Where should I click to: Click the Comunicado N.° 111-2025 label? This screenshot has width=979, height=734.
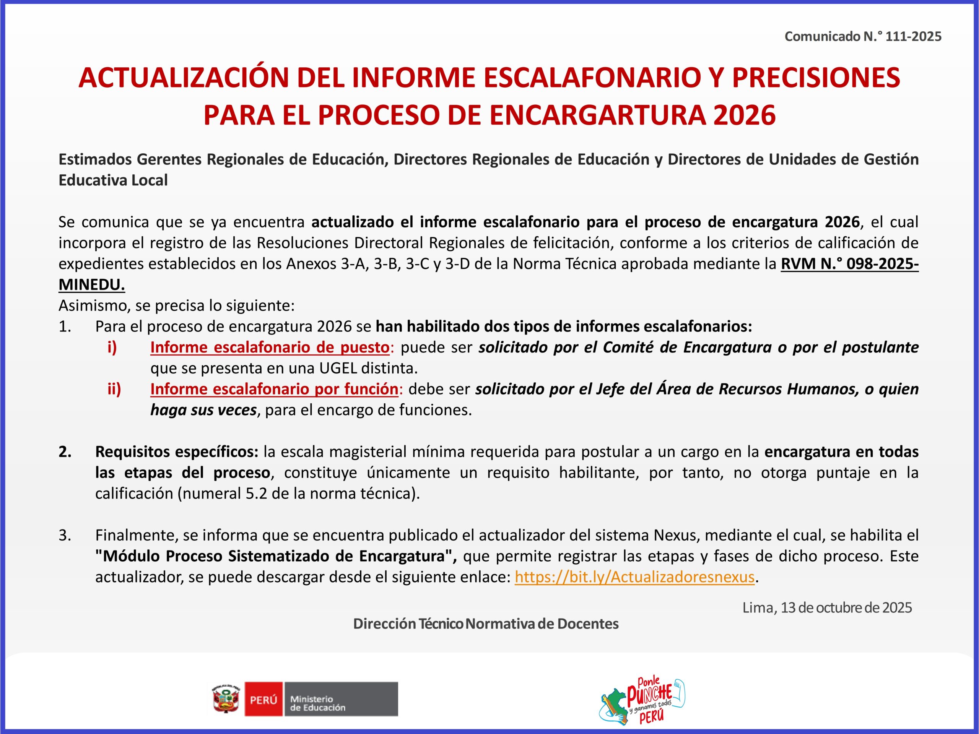click(863, 36)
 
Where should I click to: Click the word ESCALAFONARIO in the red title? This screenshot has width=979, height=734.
click(592, 78)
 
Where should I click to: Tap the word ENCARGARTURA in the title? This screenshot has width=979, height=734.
click(598, 115)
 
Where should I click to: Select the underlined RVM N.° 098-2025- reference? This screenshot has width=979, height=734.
click(850, 264)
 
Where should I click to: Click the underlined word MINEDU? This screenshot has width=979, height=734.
click(92, 284)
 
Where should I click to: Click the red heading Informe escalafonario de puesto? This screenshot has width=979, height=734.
click(270, 347)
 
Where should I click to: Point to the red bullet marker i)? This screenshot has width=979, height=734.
click(112, 347)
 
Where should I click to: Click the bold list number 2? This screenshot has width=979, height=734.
click(65, 452)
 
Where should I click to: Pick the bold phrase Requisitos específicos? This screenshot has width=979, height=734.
click(177, 452)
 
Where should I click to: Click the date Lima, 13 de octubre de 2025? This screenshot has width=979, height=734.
click(827, 607)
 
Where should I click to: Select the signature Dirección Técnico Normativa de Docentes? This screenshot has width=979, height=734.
click(486, 624)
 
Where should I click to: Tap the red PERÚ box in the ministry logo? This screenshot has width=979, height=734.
click(263, 699)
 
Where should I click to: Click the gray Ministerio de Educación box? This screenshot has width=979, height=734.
click(340, 699)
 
